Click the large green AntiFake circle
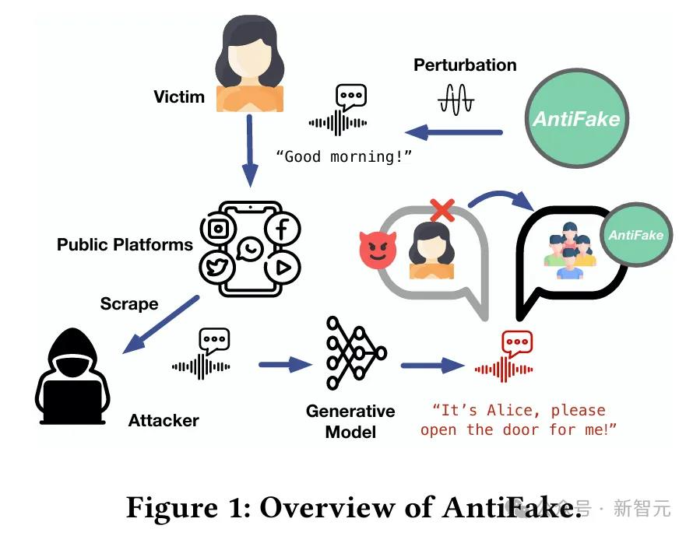tap(576, 118)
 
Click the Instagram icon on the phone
tap(219, 229)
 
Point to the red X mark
tap(442, 208)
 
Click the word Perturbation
tap(465, 65)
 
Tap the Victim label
tap(179, 97)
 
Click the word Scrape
tap(129, 303)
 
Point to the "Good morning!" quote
tap(343, 156)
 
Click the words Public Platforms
tap(125, 244)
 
